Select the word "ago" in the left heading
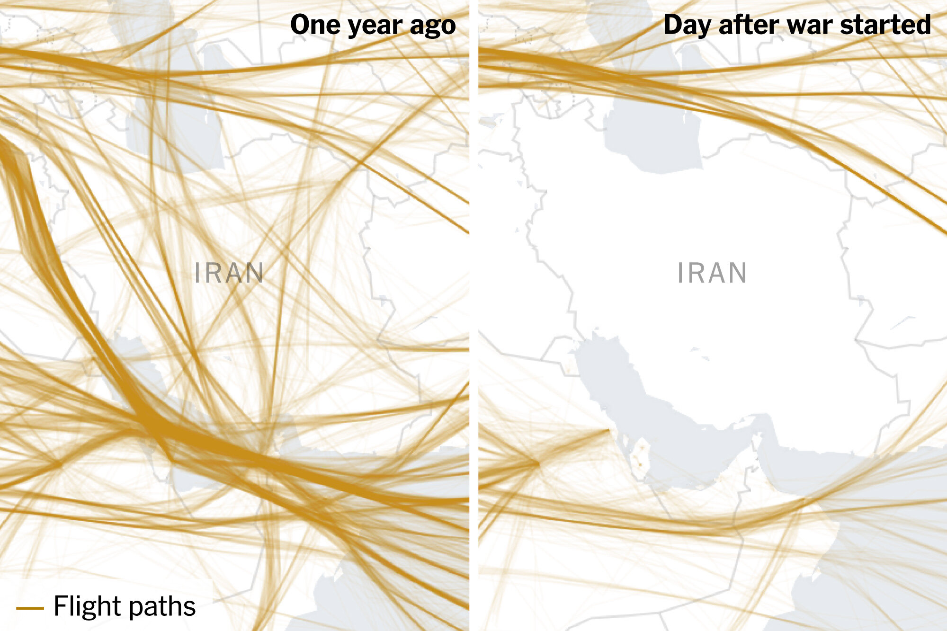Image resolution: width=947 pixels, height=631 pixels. click(433, 26)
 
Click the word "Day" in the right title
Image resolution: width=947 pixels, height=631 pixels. click(687, 25)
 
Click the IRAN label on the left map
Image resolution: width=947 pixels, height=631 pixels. click(229, 273)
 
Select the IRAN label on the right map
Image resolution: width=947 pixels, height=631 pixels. click(712, 273)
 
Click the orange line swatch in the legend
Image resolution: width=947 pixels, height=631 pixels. click(30, 608)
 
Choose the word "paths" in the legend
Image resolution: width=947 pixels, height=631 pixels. click(161, 607)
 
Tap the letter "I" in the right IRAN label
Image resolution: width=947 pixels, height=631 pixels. click(680, 273)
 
